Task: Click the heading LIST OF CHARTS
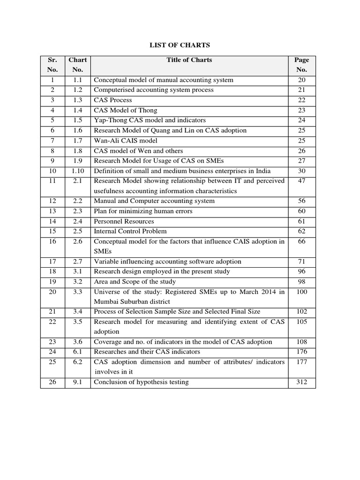(x=180, y=45)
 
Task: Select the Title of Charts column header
(x=189, y=60)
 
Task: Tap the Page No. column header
(x=301, y=65)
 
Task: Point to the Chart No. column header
(x=78, y=65)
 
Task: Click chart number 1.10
(x=78, y=171)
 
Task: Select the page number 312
(x=301, y=382)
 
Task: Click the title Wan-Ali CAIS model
(x=126, y=141)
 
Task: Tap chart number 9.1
(x=78, y=382)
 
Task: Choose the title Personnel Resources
(x=124, y=221)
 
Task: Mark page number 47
(x=301, y=181)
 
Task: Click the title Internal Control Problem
(x=130, y=231)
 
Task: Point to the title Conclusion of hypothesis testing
(x=141, y=382)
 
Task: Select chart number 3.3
(x=78, y=292)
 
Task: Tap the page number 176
(x=301, y=352)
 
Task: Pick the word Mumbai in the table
(x=106, y=302)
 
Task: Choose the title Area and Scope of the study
(x=135, y=281)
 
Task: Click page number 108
(x=301, y=342)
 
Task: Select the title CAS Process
(x=113, y=100)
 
